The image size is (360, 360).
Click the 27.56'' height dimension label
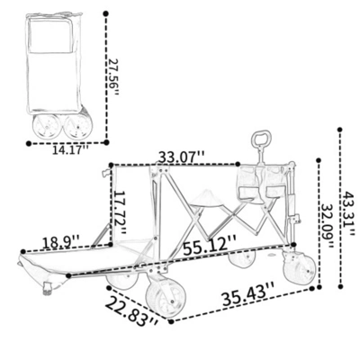click(112, 76)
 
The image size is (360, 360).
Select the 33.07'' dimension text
click(180, 157)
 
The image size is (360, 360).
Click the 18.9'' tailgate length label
click(62, 241)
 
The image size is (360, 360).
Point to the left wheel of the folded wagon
click(43, 127)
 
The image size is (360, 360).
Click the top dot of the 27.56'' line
click(106, 13)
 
